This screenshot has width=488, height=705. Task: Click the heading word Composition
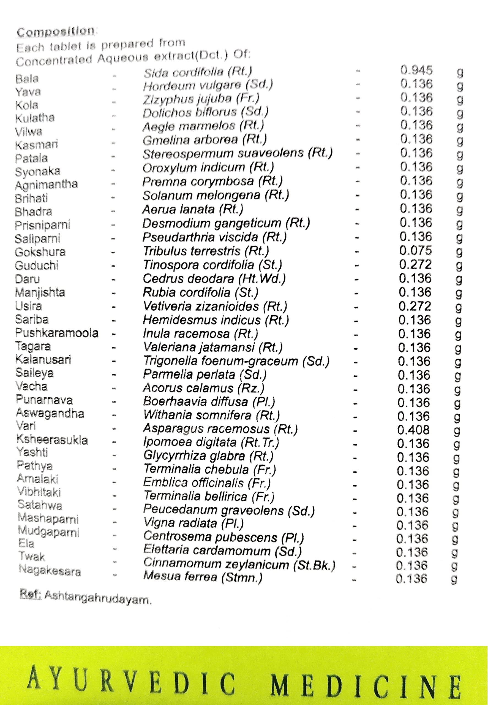tap(56, 31)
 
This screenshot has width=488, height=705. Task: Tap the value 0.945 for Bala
tap(416, 70)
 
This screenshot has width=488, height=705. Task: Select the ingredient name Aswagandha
tap(50, 413)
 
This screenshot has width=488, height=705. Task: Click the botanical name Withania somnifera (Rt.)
tap(212, 415)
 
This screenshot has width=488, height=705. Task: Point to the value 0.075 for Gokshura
tap(416, 251)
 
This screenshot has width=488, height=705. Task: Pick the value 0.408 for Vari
tap(413, 430)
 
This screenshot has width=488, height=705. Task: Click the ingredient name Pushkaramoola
tap(57, 333)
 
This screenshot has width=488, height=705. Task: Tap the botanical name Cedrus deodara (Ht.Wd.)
tap(214, 279)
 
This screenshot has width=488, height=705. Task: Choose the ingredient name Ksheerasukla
tap(52, 440)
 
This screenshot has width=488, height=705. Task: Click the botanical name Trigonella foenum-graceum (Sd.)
tap(236, 361)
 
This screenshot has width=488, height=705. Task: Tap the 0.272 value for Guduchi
tap(415, 264)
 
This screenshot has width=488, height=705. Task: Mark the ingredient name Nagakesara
tap(50, 570)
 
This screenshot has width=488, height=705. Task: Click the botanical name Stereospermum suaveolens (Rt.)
tap(237, 153)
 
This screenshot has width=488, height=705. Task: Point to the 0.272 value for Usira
tap(414, 306)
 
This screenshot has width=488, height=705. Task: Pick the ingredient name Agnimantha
tap(47, 185)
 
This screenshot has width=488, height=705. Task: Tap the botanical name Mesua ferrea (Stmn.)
tap(203, 577)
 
